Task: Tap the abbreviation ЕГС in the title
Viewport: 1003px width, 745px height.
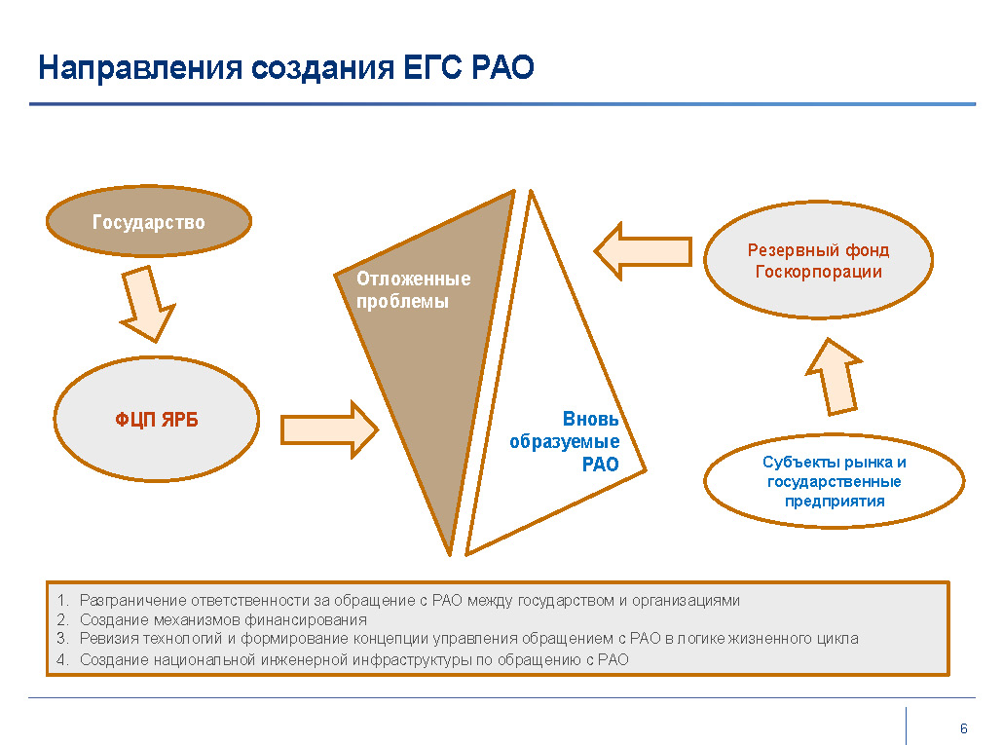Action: click(x=432, y=68)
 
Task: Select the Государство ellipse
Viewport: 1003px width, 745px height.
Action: click(x=149, y=221)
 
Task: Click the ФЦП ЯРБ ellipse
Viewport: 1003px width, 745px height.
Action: click(x=157, y=419)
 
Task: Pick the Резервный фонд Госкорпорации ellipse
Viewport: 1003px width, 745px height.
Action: click(x=818, y=260)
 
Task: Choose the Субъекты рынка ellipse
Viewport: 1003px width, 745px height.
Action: click(x=835, y=481)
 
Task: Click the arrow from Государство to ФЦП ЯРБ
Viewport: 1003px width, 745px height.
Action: click(x=148, y=305)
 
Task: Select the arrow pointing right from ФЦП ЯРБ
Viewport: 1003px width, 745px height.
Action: click(x=329, y=429)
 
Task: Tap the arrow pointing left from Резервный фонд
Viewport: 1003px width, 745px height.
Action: click(x=643, y=251)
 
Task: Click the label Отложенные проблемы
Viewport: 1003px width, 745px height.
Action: click(x=413, y=289)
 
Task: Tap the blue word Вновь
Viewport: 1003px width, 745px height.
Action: click(x=590, y=419)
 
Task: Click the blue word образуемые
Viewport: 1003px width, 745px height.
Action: click(x=564, y=441)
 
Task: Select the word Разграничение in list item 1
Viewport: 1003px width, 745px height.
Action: click(x=133, y=601)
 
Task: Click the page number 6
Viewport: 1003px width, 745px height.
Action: click(x=963, y=728)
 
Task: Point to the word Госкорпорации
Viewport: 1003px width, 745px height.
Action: click(x=819, y=272)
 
